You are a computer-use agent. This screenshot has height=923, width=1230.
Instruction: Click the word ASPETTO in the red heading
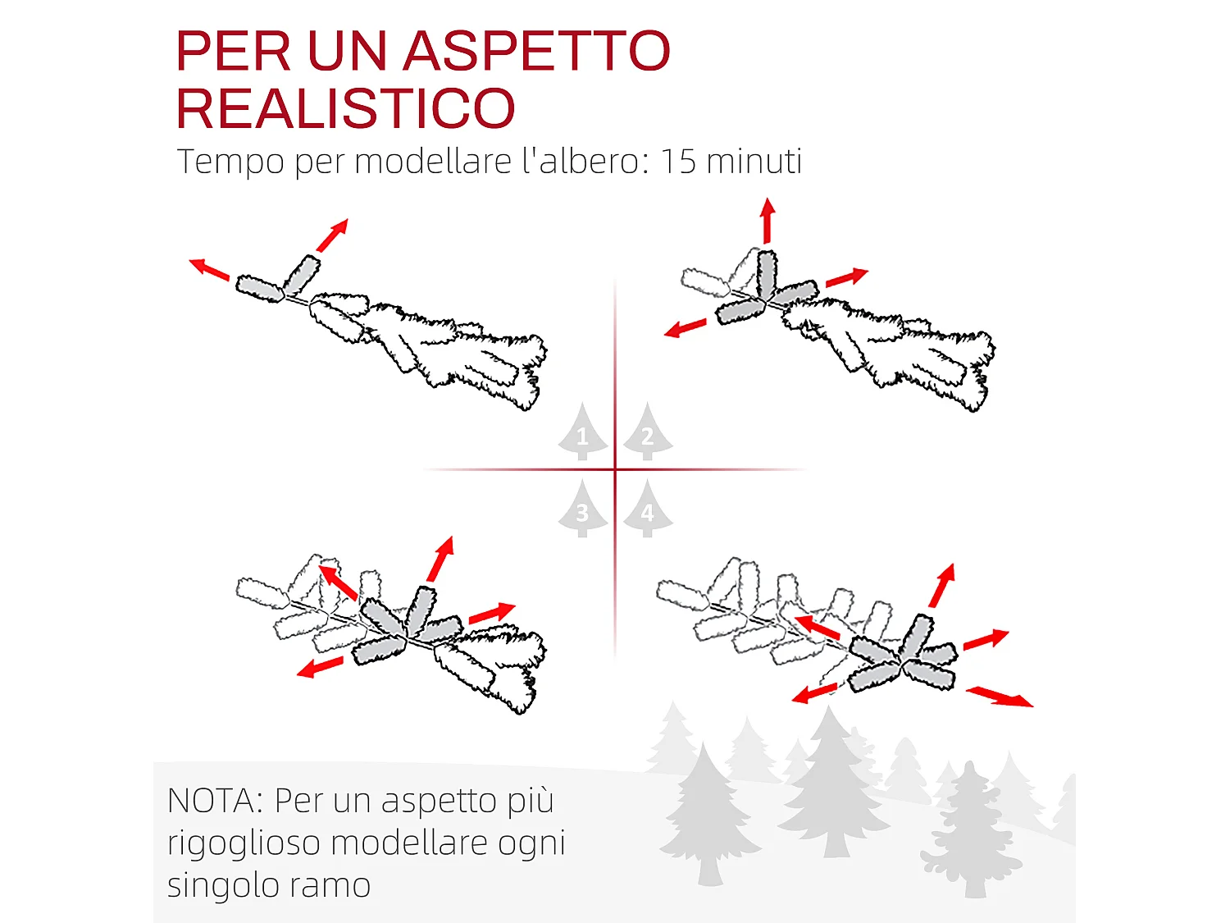[x=536, y=51]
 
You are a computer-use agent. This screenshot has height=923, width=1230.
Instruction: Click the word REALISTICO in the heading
[x=345, y=108]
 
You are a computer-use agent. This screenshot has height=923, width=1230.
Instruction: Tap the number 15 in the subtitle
[x=678, y=161]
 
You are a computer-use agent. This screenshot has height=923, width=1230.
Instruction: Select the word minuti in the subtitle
[x=754, y=161]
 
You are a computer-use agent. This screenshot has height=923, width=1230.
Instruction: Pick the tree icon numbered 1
[x=582, y=432]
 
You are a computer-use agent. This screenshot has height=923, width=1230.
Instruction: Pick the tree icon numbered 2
[x=648, y=432]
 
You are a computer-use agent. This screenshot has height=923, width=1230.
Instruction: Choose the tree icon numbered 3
[x=582, y=510]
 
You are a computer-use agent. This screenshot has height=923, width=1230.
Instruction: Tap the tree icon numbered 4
[x=648, y=510]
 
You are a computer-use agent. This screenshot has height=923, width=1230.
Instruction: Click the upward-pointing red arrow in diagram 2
[x=768, y=220]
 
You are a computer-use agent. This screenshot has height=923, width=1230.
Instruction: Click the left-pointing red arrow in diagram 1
[x=209, y=269]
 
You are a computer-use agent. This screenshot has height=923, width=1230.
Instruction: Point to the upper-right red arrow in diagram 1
[x=332, y=235]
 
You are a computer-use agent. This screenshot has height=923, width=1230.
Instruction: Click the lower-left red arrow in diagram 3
[x=320, y=667]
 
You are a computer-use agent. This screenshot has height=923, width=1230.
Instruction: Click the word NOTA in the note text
[x=214, y=801]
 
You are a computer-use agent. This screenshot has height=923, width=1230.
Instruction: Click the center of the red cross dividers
[x=615, y=470]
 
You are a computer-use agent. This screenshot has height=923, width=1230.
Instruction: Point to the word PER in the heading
[x=234, y=51]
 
